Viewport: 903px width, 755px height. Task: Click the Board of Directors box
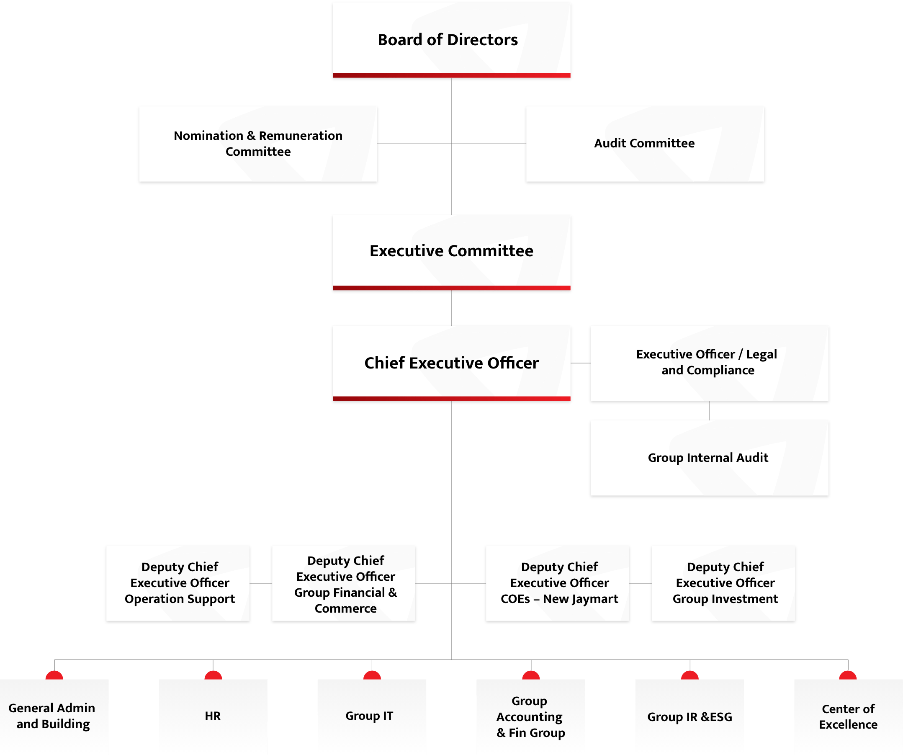tap(451, 40)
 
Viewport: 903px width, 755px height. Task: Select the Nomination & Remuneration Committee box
tap(258, 144)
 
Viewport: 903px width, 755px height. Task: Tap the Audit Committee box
tap(645, 144)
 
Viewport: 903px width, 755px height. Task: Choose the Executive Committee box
tap(451, 253)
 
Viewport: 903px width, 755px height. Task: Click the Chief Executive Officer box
tap(451, 363)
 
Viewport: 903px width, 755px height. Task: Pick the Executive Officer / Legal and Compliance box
tap(710, 363)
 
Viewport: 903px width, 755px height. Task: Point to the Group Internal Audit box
tap(710, 458)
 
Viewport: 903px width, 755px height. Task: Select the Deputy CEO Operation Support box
tap(178, 583)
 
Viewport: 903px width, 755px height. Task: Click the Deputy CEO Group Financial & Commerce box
tap(344, 583)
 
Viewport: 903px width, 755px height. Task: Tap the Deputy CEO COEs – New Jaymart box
tap(558, 583)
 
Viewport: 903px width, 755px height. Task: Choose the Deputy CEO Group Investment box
tap(724, 583)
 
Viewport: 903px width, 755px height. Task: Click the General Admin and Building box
tap(54, 717)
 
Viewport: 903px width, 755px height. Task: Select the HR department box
tap(213, 717)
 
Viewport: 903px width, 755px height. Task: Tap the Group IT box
tap(372, 717)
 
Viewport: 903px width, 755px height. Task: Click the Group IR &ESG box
tap(690, 717)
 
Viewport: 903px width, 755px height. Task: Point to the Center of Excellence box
tap(849, 717)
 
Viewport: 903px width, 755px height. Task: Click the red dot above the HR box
tap(213, 675)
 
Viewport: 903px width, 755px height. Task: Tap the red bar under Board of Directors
tap(451, 76)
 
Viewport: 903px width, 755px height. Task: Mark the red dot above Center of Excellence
tap(848, 675)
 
